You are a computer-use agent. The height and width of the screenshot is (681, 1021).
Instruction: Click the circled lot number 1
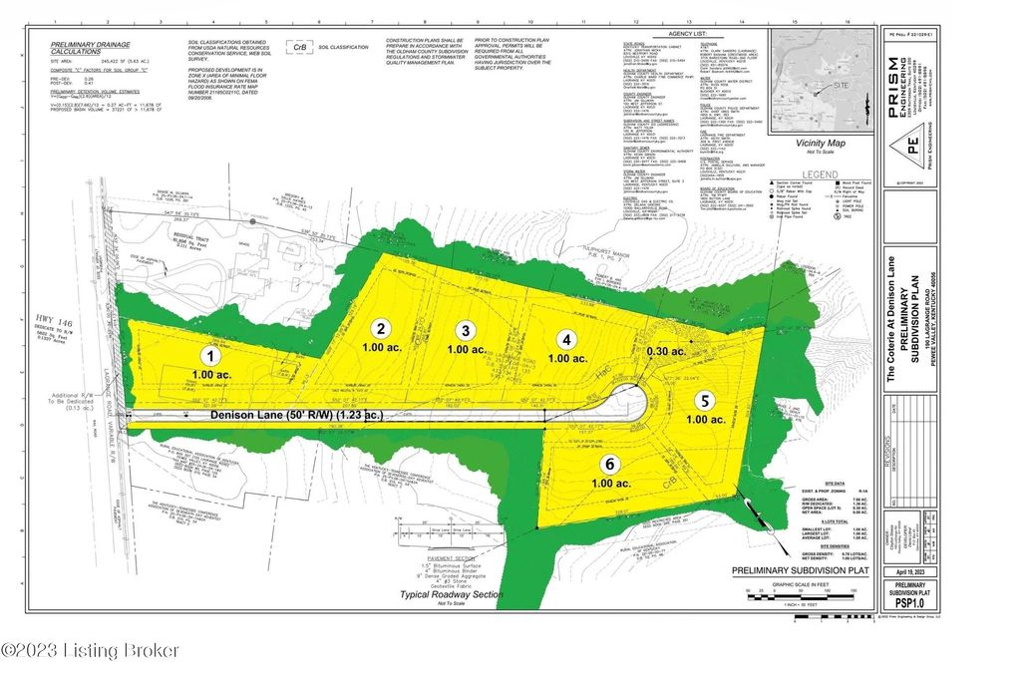209,355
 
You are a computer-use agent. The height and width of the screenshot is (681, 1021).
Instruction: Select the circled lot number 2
380,327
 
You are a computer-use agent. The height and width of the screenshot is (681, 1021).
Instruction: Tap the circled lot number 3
464,330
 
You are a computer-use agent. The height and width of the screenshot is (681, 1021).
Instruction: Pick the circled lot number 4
564,338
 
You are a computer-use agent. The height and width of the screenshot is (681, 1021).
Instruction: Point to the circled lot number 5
705,400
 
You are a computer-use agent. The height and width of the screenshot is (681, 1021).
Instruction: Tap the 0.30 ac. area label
664,351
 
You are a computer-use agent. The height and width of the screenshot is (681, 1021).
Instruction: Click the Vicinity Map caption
820,144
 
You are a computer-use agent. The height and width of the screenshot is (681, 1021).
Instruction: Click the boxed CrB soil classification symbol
296,47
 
